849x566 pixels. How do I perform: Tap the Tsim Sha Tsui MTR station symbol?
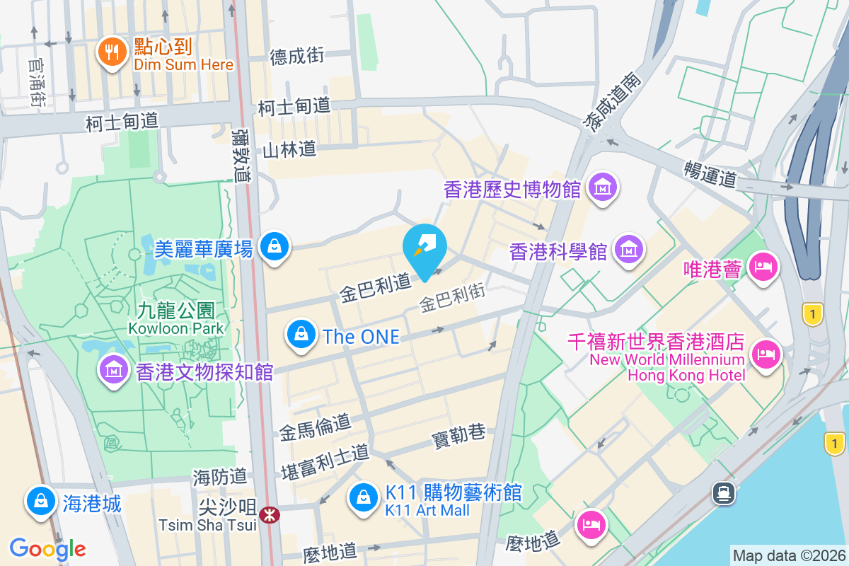coord(269,514)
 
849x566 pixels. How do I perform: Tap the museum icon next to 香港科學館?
coord(628,249)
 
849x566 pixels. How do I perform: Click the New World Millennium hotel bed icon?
coord(765,352)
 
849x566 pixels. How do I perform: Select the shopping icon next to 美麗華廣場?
coord(272,246)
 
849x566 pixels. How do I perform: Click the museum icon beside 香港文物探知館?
coord(112,369)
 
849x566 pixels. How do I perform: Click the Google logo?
coord(47,548)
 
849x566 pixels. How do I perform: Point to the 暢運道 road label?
coord(710,173)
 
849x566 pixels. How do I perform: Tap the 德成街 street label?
coord(297,56)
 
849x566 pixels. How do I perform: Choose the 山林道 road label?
coord(289,149)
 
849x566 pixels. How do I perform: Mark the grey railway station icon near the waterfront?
coord(723,492)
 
